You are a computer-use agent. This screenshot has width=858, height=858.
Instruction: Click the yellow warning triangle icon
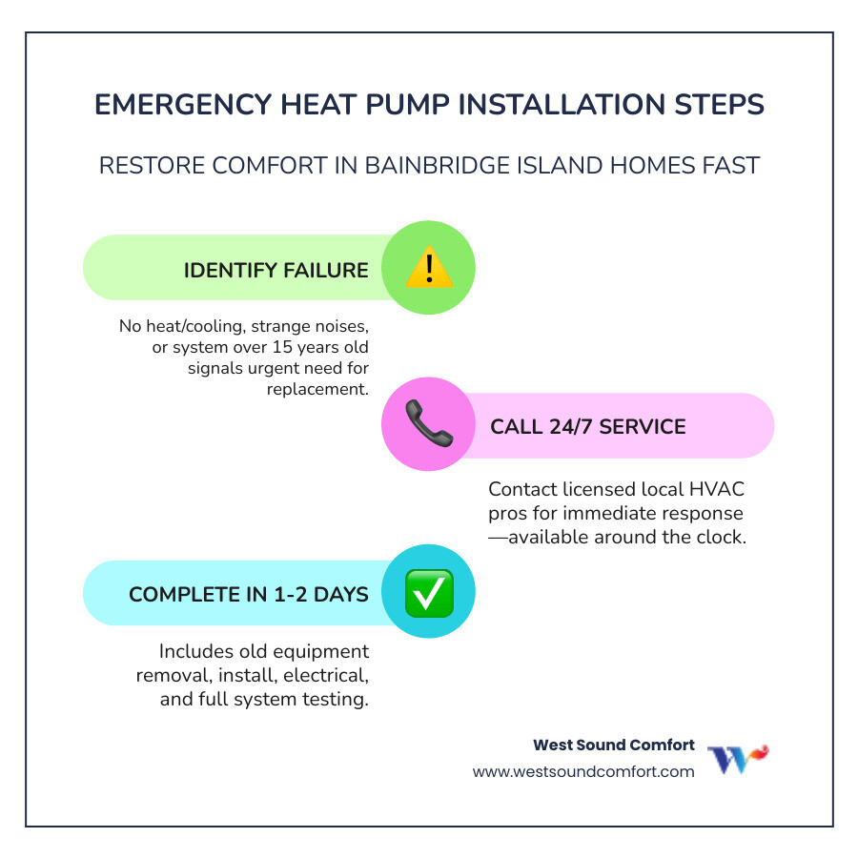pos(428,268)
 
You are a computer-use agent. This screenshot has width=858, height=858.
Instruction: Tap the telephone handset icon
pos(428,425)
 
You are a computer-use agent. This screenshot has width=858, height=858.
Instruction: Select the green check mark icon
pos(428,592)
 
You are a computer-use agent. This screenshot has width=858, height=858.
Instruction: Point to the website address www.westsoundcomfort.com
pos(583,771)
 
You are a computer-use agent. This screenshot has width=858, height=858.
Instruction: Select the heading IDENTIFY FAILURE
pos(276,270)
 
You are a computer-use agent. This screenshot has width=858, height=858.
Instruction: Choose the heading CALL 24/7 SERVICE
pos(587,426)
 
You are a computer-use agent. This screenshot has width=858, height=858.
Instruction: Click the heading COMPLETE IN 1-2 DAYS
pos(248,594)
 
